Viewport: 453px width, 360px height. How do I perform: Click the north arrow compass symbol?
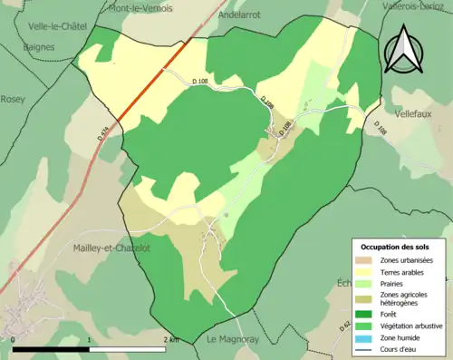403,49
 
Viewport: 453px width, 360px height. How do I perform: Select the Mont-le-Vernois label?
141,8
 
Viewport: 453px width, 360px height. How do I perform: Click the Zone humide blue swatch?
365,337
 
